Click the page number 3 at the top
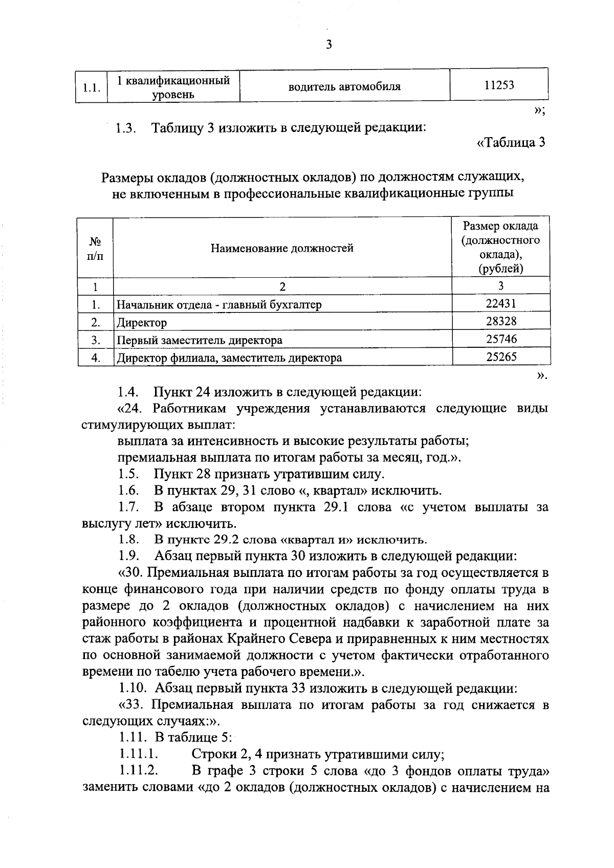coord(329,45)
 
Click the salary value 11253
coord(499,85)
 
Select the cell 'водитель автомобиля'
coord(344,86)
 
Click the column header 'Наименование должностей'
coord(282,249)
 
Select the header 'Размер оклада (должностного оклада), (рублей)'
coord(500,247)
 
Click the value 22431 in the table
coord(500,304)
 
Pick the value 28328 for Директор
coord(500,321)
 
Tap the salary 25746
coord(500,339)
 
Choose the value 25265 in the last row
coord(500,357)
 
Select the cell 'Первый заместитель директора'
coord(200,340)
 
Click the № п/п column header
coord(95,249)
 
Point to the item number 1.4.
coord(129,393)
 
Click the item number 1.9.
coord(129,556)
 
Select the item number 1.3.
coord(125,128)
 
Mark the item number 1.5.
coord(129,474)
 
